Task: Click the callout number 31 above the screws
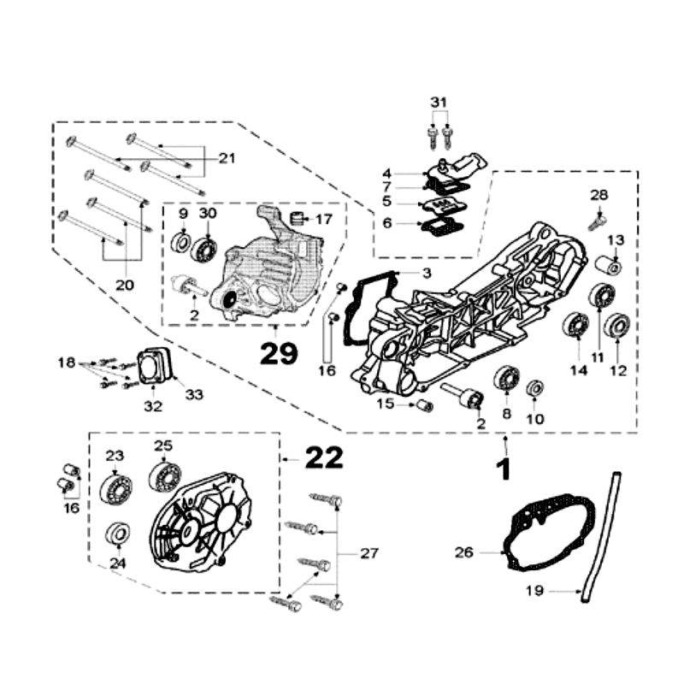pos(439,102)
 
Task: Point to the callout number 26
pos(463,553)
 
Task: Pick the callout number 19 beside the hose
pos(534,590)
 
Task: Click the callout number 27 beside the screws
pos(369,553)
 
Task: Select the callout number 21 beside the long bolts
pos(227,157)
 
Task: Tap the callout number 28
pos(598,196)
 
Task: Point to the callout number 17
pos(323,219)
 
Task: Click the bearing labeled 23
pos(115,487)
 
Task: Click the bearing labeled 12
pos(616,326)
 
